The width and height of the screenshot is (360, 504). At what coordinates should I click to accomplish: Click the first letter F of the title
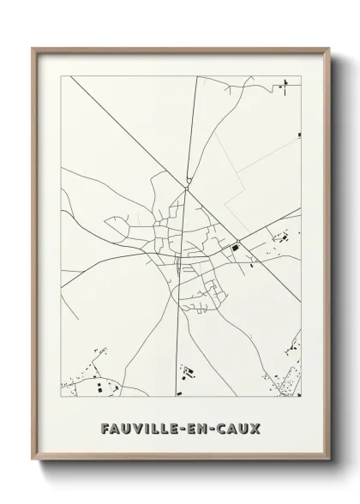pyautogui.click(x=105, y=427)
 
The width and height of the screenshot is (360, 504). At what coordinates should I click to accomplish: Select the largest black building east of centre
pyautogui.click(x=233, y=249)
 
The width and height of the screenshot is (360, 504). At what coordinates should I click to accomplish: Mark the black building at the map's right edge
pyautogui.click(x=299, y=135)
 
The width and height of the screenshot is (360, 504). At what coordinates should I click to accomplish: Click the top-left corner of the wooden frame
pyautogui.click(x=34, y=50)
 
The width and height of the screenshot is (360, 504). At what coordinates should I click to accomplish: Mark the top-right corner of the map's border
pyautogui.click(x=302, y=75)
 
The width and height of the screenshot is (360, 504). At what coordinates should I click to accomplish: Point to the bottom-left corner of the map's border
pyautogui.click(x=61, y=398)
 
